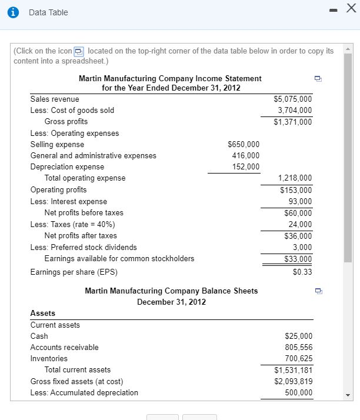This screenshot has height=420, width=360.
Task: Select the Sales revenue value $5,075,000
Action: [293, 99]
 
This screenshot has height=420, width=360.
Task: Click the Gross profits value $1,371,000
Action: [293, 122]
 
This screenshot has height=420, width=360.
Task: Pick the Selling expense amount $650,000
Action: [243, 144]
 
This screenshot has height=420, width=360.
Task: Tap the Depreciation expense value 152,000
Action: [245, 167]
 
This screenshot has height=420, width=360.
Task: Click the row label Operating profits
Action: [58, 189]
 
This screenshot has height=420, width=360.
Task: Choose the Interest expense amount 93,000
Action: [299, 201]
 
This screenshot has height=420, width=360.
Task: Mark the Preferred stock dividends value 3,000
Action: [302, 247]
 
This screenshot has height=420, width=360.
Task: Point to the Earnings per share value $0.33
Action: [302, 272]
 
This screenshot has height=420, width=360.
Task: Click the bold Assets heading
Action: [42, 314]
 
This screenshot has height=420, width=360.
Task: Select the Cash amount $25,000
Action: [298, 336]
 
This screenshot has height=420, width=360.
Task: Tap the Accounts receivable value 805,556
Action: [298, 347]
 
